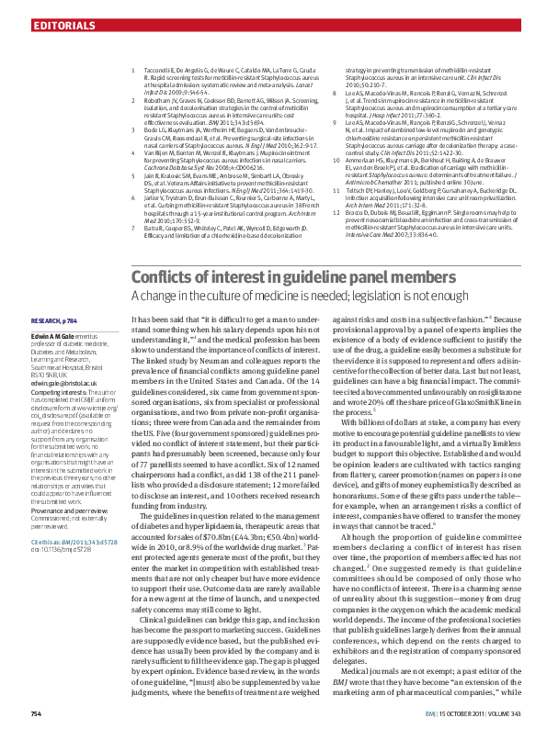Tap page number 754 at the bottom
37,713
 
